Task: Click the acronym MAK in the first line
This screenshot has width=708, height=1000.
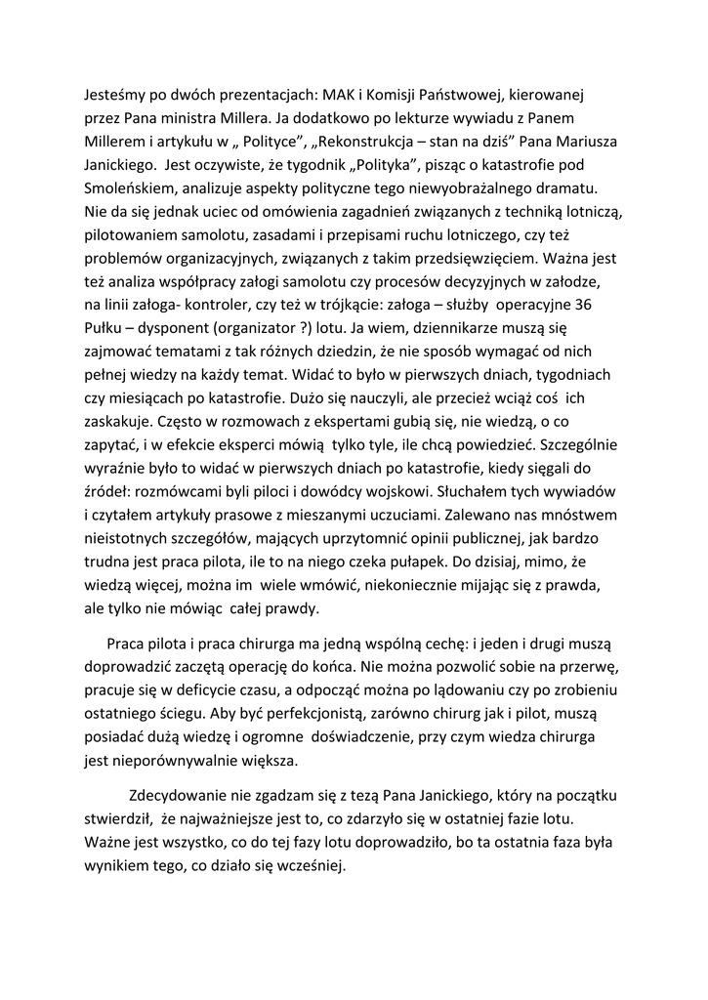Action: coord(354,97)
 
